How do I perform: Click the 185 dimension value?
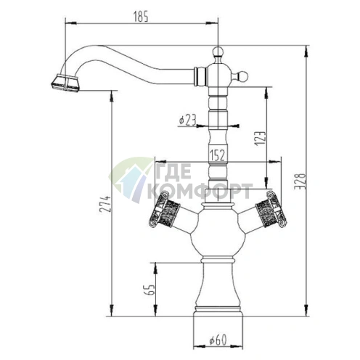pyautogui.click(x=141, y=17)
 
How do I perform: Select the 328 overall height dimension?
pyautogui.click(x=300, y=181)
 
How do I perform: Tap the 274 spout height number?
pyautogui.click(x=105, y=204)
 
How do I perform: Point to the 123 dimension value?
pyautogui.click(x=261, y=139)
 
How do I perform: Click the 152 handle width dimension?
pyautogui.click(x=218, y=155)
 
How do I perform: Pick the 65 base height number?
pyautogui.click(x=150, y=290)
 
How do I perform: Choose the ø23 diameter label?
pyautogui.click(x=187, y=120)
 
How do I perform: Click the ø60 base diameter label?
pyautogui.click(x=218, y=340)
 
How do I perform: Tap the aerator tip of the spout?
pyautogui.click(x=65, y=83)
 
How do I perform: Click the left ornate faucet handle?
pyautogui.click(x=165, y=210)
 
